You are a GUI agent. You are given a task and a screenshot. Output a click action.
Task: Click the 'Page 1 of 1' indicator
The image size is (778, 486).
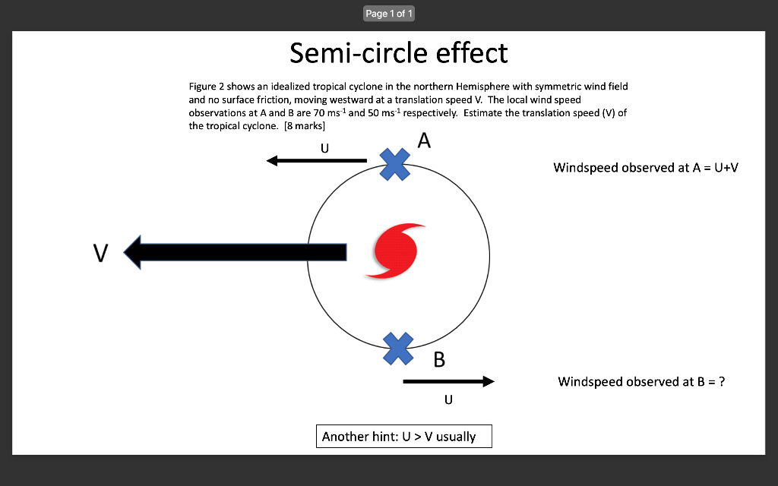pos(389,14)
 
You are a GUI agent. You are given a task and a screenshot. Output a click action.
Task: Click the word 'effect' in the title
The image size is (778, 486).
pos(472,53)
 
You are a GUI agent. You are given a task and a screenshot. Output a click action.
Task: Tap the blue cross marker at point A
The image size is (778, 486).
pos(395,163)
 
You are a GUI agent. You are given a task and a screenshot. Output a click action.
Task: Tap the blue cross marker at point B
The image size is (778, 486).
pos(398,349)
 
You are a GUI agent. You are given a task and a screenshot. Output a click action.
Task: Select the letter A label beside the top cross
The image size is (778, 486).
pos(424,141)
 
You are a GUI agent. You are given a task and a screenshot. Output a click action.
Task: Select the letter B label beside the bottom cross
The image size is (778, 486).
pos(439,360)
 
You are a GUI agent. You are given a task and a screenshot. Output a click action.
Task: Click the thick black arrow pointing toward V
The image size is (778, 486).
pos(236,252)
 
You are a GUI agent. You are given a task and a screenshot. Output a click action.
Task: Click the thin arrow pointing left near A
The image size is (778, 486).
pos(317,161)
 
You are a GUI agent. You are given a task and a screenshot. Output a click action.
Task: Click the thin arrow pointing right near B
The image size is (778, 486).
pos(448,381)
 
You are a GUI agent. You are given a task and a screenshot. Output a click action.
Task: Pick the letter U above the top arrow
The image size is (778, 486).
pos(324,148)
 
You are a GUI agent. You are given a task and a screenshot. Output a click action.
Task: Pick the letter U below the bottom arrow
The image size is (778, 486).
pos(448,399)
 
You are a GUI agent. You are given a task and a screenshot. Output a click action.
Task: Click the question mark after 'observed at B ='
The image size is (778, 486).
pos(722,382)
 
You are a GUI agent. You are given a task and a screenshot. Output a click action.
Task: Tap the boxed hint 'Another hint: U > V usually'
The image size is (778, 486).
pos(404,437)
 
